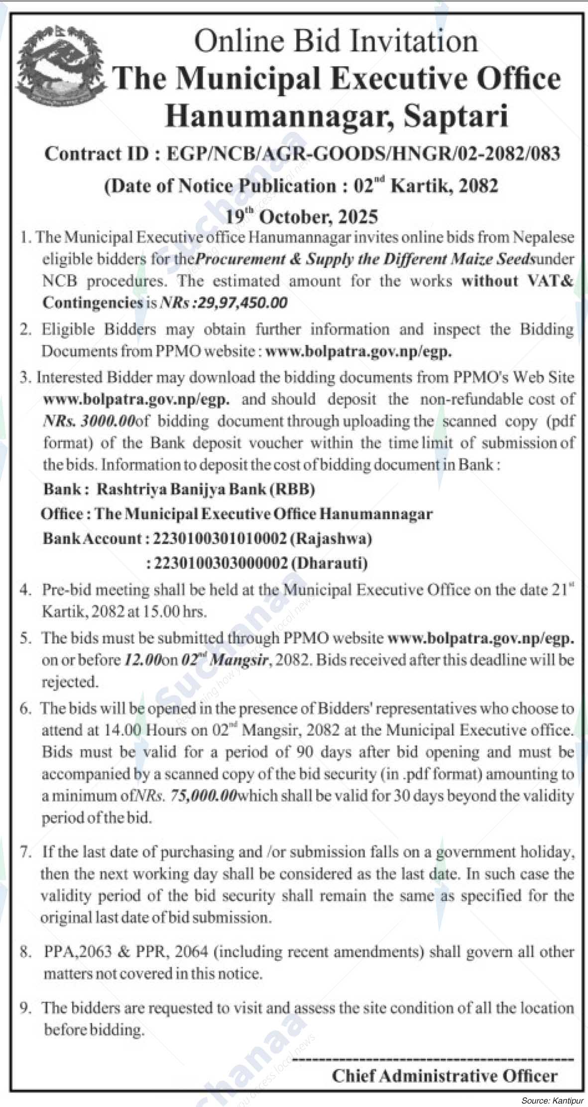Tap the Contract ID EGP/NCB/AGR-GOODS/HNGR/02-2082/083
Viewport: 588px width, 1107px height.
pyautogui.click(x=363, y=154)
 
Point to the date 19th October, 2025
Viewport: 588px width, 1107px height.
pyautogui.click(x=302, y=217)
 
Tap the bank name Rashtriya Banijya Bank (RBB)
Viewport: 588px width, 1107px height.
pyautogui.click(x=206, y=490)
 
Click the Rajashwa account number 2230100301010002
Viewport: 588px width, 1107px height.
pyautogui.click(x=220, y=538)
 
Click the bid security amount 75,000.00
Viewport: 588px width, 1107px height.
pyautogui.click(x=203, y=796)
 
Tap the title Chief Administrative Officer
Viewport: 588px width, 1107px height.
pyautogui.click(x=445, y=1076)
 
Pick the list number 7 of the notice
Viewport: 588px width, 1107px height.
pyautogui.click(x=25, y=852)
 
